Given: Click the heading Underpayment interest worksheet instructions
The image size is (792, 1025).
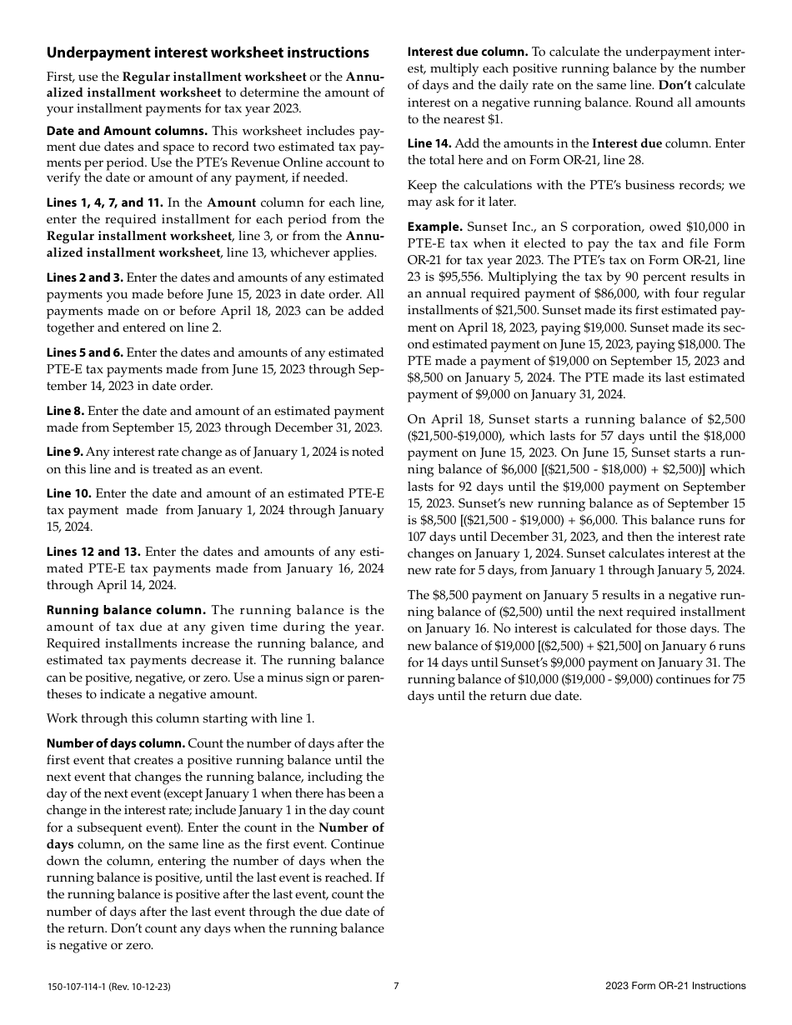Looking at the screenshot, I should tap(208, 53).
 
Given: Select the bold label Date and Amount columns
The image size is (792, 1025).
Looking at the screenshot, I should tap(128, 131).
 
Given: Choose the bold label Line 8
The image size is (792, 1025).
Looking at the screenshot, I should tap(65, 411).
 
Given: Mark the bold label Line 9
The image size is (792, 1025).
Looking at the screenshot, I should tap(65, 452).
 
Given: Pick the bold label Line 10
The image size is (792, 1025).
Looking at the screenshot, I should tap(68, 493).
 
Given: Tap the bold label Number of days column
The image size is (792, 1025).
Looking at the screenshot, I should tap(116, 743).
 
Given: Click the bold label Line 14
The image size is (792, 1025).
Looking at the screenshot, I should tap(429, 143).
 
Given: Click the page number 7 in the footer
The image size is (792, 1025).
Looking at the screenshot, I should tap(396, 986).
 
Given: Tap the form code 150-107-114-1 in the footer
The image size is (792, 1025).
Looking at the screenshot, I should tap(76, 987).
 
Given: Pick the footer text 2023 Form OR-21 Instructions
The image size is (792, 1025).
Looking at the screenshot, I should tap(675, 986).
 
